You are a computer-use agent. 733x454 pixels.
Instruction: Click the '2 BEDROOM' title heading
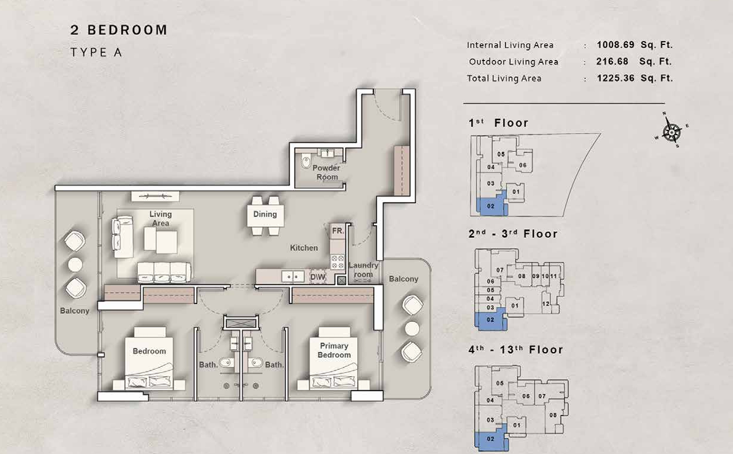(119, 30)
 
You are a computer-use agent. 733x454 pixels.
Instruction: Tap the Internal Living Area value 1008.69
(616, 45)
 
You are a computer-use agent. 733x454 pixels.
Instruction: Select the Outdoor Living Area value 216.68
(612, 61)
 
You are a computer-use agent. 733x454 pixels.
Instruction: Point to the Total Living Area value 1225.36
(616, 78)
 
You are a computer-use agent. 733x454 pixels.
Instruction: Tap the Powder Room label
(326, 172)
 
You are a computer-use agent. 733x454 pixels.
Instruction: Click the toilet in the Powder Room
(306, 162)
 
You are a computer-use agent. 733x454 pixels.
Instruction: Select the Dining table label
(265, 214)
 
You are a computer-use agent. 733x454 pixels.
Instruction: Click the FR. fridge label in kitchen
(337, 231)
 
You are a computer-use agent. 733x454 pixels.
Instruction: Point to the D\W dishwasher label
(318, 277)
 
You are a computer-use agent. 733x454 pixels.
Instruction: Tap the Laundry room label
(363, 270)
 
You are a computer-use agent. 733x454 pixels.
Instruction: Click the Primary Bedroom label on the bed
(334, 350)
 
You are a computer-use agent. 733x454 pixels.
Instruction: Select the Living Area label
(160, 219)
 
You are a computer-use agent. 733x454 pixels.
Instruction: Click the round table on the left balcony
(75, 265)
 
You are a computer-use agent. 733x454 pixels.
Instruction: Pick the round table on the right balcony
(412, 329)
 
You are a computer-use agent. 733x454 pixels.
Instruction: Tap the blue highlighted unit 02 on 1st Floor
(490, 206)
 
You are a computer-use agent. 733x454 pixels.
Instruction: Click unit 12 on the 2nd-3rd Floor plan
(546, 304)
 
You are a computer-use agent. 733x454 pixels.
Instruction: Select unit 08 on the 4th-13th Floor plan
(553, 414)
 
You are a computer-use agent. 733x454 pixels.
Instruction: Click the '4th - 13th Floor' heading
(515, 350)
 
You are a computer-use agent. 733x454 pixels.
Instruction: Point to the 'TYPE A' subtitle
(96, 53)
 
